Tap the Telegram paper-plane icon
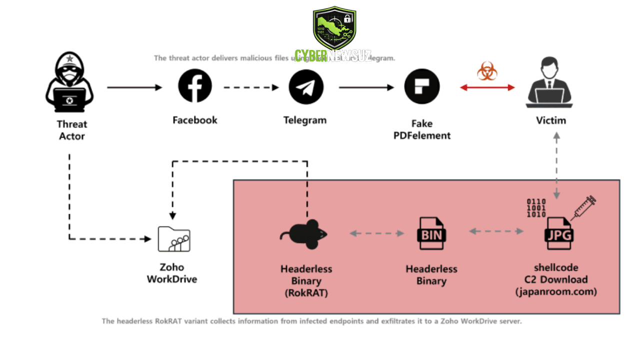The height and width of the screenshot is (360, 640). pyautogui.click(x=305, y=87)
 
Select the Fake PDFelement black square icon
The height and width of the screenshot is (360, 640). pyautogui.click(x=421, y=86)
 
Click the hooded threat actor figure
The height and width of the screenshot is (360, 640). pyautogui.click(x=69, y=83)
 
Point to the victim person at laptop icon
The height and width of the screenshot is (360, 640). pyautogui.click(x=550, y=83)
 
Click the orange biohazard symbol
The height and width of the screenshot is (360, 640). pyautogui.click(x=486, y=71)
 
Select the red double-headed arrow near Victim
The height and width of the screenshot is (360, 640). pyautogui.click(x=487, y=87)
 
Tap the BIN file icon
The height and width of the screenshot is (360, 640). pyautogui.click(x=431, y=233)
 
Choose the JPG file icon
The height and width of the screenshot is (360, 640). pyautogui.click(x=559, y=233)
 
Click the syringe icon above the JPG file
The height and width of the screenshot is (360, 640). pyautogui.click(x=583, y=207)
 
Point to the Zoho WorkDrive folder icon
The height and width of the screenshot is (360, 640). pyautogui.click(x=173, y=238)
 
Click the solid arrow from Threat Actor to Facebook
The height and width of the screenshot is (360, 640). pyautogui.click(x=134, y=87)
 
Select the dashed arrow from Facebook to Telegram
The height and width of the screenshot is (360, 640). pyautogui.click(x=251, y=87)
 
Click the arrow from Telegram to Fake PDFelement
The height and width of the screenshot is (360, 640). pyautogui.click(x=366, y=87)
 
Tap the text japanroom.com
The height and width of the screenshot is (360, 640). pyautogui.click(x=556, y=292)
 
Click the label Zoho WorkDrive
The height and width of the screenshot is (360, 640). pyautogui.click(x=172, y=273)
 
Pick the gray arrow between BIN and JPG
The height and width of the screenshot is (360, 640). pyautogui.click(x=496, y=231)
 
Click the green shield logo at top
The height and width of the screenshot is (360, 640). pyautogui.click(x=333, y=28)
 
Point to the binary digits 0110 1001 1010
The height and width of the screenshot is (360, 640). pyautogui.click(x=536, y=208)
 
